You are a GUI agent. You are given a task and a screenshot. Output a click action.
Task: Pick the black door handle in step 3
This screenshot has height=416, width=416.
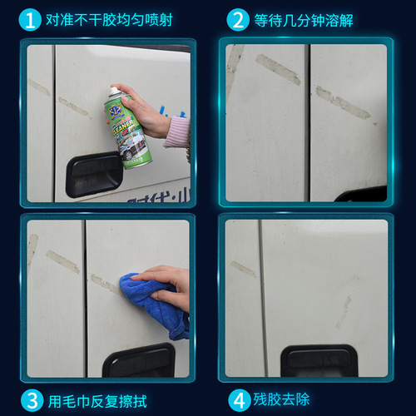(x=138, y=359)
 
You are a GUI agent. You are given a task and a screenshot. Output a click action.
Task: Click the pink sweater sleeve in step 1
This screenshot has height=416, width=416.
(x=178, y=133)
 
